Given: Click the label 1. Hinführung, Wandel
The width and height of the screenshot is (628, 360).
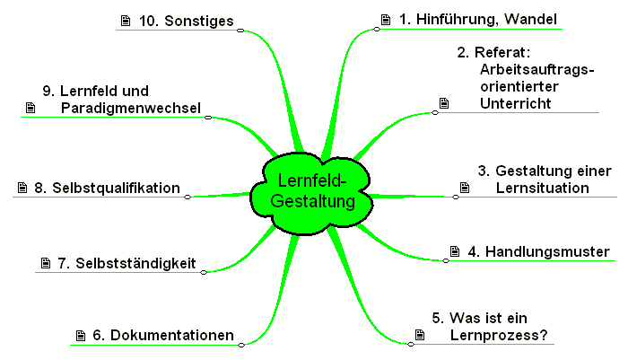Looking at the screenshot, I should coord(478,19).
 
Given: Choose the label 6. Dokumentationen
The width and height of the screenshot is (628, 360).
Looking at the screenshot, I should coord(163,335).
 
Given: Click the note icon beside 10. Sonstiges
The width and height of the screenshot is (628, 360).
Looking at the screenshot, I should coord(124,19).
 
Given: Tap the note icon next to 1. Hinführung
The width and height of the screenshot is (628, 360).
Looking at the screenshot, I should coord(386,19).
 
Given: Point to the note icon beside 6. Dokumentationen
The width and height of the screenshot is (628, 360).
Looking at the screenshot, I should coord(79,335).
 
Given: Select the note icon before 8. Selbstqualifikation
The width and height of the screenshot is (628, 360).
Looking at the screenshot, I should coord(22,188).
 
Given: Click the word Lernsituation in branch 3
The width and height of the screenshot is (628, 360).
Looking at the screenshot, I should coord(542,188).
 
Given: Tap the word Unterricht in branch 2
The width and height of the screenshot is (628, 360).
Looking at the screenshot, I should coord(514,103).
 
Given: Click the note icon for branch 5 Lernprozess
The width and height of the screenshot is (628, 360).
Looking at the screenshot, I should coord(419,335).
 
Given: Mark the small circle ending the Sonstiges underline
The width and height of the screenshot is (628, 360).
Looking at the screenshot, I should coord(240,30).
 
